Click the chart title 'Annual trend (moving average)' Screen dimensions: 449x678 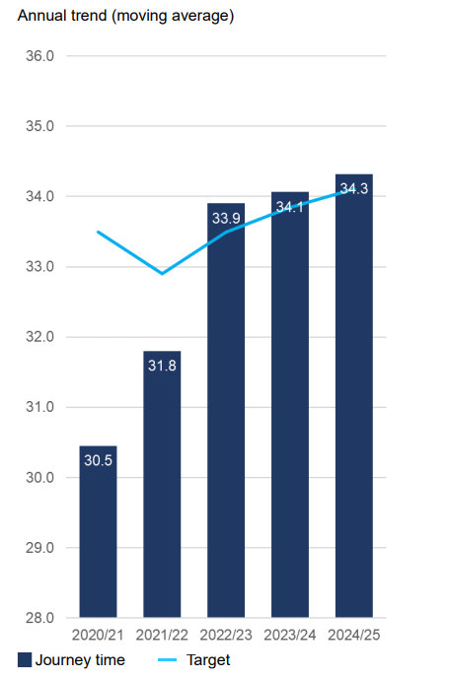coord(125,16)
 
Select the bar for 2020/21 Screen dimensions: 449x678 coord(98,531)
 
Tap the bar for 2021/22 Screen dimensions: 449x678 coord(162,484)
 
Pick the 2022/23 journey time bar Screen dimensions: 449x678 coord(226,410)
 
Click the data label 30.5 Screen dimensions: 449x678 coord(98,460)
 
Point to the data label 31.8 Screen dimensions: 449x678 coord(162,366)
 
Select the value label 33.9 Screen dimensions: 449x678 coord(226,218)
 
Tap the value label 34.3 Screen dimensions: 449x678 coord(353,188)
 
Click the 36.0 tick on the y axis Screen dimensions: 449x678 coord(39,56)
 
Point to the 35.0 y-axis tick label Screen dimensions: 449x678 coord(39,126)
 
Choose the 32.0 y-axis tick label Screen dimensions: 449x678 coord(39,337)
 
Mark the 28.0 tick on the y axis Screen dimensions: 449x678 coord(39,618)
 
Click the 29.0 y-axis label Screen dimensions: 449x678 coord(39,548)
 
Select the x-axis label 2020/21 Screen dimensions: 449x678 coord(98,635)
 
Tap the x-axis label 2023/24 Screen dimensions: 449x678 coord(290,635)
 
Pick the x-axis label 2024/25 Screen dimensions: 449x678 coord(353,635)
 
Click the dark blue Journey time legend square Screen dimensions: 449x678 coord(25,660)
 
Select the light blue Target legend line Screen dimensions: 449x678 coord(167,660)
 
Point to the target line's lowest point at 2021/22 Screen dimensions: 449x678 coord(162,274)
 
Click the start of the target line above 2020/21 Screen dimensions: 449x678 coord(98,232)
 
